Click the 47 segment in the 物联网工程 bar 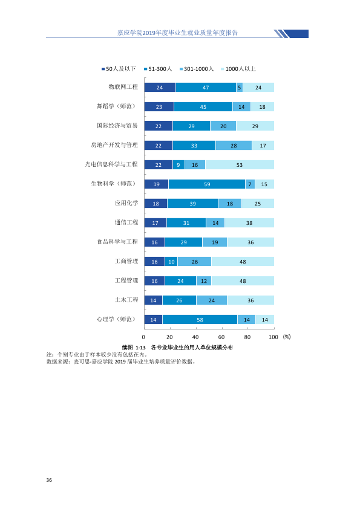(206, 87)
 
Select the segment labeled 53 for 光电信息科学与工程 (240, 165)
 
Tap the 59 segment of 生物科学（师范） (207, 184)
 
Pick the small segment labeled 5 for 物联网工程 (240, 87)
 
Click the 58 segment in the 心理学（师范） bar (200, 320)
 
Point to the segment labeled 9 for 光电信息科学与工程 (178, 165)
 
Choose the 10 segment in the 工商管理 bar (171, 262)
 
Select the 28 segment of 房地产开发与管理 (234, 146)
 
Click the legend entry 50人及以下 (119, 69)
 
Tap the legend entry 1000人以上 (238, 69)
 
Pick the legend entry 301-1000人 (197, 69)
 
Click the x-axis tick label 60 (221, 337)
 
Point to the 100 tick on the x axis (273, 337)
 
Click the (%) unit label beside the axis (287, 337)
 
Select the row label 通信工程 (126, 222)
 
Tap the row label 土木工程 (126, 300)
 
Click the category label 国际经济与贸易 (117, 126)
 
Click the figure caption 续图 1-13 (134, 348)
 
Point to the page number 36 (49, 480)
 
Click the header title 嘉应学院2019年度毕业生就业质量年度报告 (177, 33)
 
